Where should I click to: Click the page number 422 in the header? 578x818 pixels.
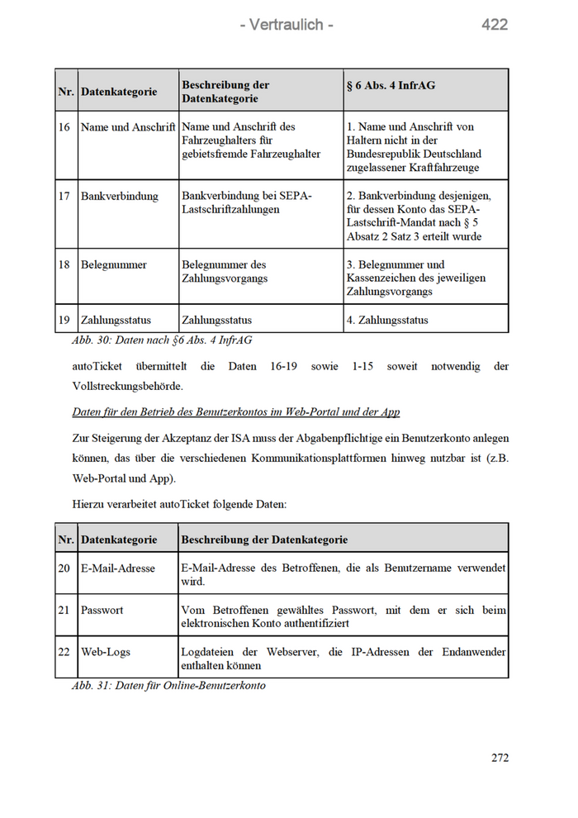pos(495,25)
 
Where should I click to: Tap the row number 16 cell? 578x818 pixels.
pos(64,127)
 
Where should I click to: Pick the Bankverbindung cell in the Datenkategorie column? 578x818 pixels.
pos(119,196)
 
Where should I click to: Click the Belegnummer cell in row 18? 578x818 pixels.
pos(114,265)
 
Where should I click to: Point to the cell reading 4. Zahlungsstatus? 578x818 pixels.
pos(388,320)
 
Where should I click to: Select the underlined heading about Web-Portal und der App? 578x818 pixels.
pos(236,411)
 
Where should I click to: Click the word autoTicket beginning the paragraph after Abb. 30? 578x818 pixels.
pos(97,366)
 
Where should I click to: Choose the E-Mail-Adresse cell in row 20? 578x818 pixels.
pos(118,568)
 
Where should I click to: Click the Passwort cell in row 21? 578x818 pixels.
pos(102,610)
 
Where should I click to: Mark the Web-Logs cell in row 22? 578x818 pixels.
pos(106,652)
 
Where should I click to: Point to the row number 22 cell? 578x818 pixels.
pos(64,652)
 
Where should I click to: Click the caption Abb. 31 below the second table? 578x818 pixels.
pos(168,685)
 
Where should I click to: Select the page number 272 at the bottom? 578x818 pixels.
pos(500,758)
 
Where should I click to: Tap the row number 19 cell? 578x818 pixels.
pos(64,320)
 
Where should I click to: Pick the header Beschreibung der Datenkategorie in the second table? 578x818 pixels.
pos(264,540)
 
